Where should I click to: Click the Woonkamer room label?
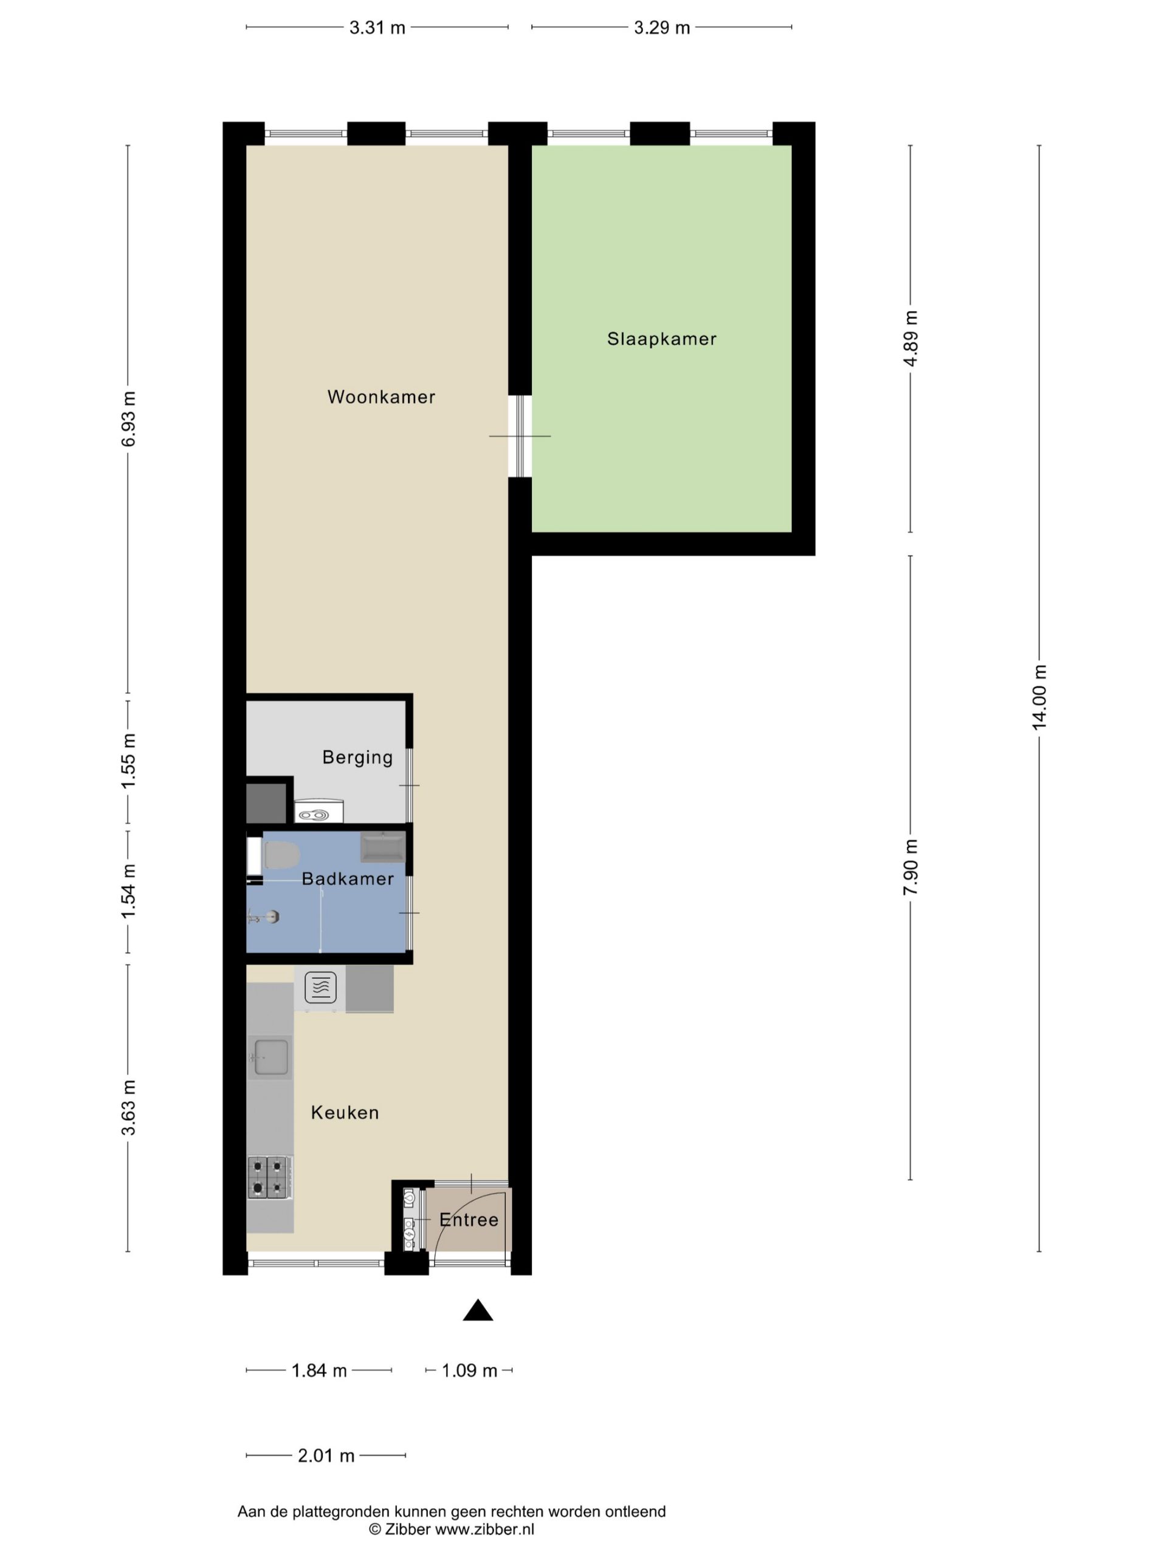point(381,397)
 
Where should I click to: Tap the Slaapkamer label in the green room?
point(662,339)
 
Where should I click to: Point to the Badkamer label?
point(348,879)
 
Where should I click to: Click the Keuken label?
point(345,1113)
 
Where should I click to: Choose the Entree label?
point(469,1220)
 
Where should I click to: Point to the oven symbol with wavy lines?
point(321,988)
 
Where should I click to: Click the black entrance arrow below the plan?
point(478,1310)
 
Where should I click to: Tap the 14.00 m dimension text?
point(1039,697)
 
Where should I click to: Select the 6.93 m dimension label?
point(128,419)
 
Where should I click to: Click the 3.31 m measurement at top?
point(377,28)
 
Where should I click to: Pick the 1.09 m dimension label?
point(469,1371)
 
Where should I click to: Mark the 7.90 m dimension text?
point(911,867)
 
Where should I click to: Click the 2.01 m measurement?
point(326,1456)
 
